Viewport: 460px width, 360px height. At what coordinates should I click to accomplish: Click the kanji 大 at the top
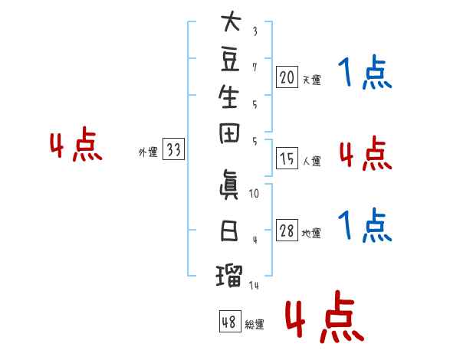coord(231,21)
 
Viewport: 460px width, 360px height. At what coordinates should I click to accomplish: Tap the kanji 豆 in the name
coord(230,61)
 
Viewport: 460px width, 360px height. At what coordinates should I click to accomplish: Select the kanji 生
coord(228,97)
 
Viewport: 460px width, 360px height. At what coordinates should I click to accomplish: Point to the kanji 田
coord(229,133)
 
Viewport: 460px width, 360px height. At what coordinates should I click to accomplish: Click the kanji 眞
coord(229,185)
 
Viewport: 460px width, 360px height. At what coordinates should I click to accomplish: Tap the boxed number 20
coord(287,77)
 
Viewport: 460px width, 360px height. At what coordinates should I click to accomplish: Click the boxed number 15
coord(287,159)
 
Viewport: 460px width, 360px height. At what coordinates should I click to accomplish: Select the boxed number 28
coord(287,231)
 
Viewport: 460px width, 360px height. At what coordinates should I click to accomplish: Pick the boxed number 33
coord(173,149)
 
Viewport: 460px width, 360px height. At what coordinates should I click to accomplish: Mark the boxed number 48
coord(230,321)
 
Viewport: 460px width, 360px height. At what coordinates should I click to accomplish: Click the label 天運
coord(311,80)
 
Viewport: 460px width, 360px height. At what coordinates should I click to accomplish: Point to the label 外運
coord(148,152)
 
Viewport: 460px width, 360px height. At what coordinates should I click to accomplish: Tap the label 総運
coord(255,325)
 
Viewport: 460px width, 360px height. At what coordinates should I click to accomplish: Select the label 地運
coord(311,233)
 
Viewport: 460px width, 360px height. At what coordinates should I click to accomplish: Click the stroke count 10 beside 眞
coord(254,194)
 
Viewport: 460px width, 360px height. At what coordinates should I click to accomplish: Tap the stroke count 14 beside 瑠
coord(254,285)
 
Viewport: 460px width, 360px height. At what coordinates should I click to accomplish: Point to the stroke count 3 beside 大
coord(255,31)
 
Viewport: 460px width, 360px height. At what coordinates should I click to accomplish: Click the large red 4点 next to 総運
coord(324,316)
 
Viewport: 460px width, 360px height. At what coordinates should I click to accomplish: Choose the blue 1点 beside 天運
coord(365,72)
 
